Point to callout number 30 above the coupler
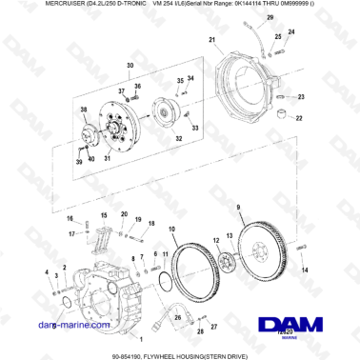(130, 65)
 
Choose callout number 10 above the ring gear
(171, 229)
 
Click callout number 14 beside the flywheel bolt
(306, 270)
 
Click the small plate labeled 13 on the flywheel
(226, 261)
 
